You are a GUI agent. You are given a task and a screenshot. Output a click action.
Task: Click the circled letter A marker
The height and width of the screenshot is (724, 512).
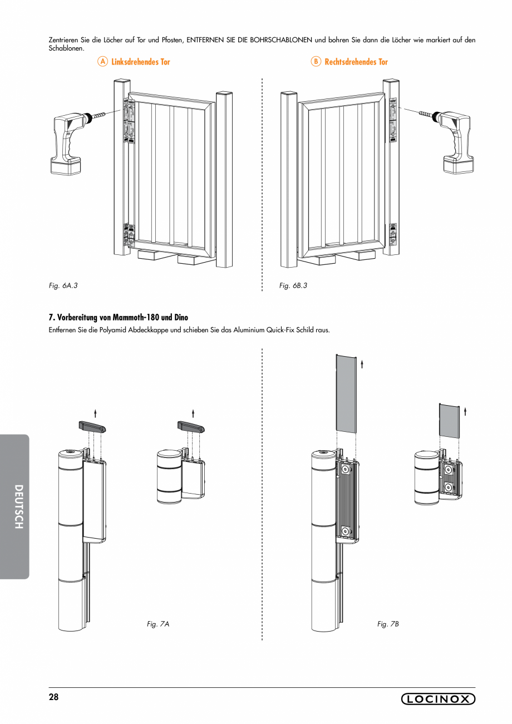coord(102,62)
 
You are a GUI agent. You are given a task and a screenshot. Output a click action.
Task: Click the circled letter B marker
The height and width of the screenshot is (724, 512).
coord(316,62)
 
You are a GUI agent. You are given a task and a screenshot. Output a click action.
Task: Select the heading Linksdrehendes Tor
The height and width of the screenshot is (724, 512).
coord(140,62)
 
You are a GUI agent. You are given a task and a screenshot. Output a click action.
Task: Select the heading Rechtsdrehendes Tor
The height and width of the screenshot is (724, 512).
coord(356,62)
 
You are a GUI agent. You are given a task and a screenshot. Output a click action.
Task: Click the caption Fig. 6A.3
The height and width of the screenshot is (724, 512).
coord(63,285)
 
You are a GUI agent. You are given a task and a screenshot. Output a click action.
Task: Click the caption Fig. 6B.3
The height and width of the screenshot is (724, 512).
coord(293,285)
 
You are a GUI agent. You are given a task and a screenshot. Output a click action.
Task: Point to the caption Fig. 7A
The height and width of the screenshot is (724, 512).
coord(158,624)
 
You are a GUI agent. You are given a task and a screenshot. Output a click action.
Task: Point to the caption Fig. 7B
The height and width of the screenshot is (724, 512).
coord(388,624)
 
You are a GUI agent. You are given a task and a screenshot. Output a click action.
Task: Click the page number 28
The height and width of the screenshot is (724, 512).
coord(53,697)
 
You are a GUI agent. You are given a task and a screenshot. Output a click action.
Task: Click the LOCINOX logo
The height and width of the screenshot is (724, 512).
coord(438,700)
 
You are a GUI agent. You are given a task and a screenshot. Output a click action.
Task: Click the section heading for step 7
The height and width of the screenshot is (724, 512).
coord(119,318)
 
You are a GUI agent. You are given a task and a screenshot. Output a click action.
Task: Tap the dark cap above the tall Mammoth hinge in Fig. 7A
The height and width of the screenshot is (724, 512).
coord(92,427)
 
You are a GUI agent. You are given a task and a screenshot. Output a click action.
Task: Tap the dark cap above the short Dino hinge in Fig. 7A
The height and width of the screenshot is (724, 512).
coord(191,427)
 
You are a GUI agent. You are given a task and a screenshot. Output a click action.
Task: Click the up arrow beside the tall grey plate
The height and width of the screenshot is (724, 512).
coord(362,364)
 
